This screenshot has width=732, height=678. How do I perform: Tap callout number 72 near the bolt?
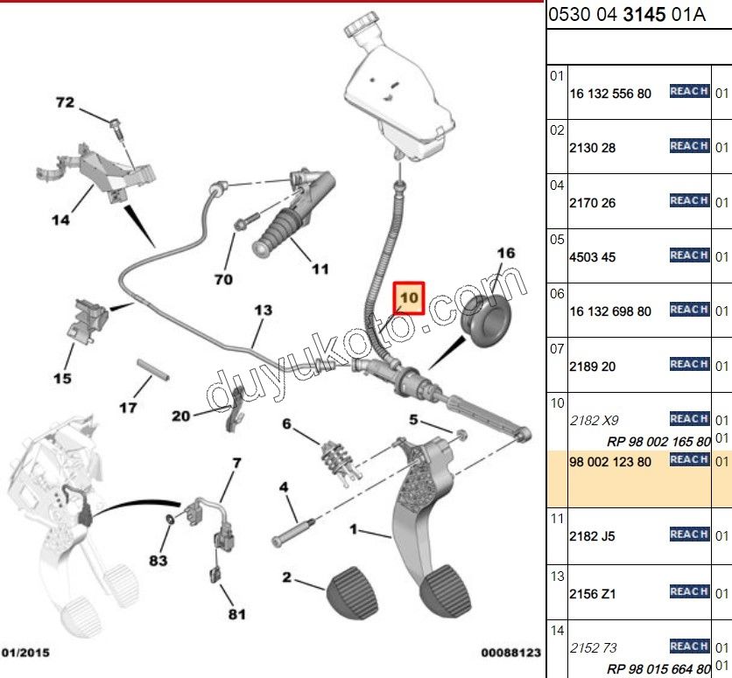click(66, 102)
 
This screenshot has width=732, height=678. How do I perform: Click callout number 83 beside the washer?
click(157, 561)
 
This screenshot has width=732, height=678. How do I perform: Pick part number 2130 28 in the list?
click(593, 148)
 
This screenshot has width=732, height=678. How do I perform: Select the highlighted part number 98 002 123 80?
click(610, 461)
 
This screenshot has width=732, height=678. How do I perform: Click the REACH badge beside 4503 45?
click(688, 255)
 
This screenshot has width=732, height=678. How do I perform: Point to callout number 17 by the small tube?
click(128, 407)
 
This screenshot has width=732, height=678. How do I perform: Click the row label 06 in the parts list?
click(557, 294)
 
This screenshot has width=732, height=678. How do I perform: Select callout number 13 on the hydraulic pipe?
click(264, 310)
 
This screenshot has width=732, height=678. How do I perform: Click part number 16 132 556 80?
click(610, 93)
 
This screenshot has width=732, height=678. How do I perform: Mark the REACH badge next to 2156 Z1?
click(688, 592)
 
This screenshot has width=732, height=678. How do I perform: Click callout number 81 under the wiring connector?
click(236, 614)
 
